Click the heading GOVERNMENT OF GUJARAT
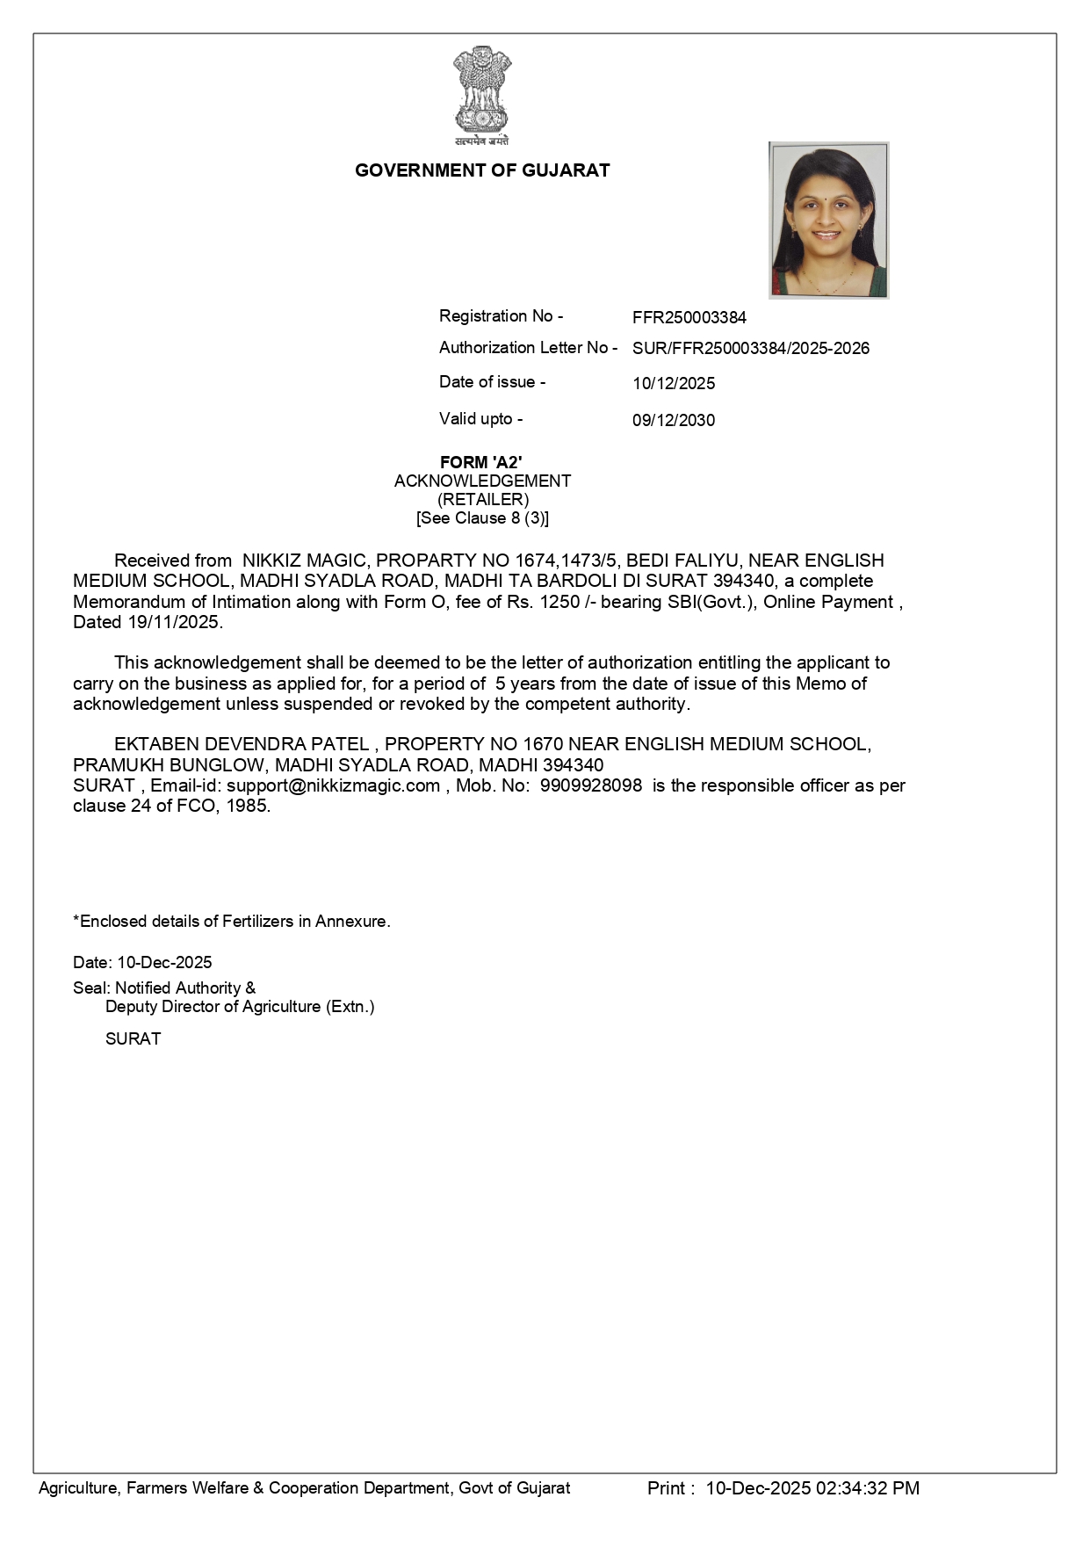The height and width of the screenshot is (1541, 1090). (482, 170)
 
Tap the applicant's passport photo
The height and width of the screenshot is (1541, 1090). (828, 220)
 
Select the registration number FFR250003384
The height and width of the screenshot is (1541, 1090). (689, 317)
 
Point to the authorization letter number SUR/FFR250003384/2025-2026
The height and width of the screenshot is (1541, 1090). (751, 349)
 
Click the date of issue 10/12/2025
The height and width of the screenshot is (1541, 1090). (674, 384)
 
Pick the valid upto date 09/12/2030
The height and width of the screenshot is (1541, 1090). (674, 420)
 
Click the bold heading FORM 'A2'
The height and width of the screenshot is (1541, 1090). (481, 462)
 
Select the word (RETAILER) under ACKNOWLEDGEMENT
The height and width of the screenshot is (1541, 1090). (483, 499)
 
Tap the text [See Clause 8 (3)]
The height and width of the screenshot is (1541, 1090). (482, 518)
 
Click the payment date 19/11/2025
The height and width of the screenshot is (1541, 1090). (171, 622)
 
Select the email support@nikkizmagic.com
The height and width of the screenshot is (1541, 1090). (333, 785)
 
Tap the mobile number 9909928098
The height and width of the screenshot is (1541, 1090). (591, 785)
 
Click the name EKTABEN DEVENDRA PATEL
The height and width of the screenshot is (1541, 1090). (242, 744)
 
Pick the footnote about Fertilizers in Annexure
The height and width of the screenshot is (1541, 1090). (232, 922)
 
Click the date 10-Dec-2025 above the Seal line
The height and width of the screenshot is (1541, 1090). (164, 962)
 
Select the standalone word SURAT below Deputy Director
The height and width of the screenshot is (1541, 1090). (134, 1038)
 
